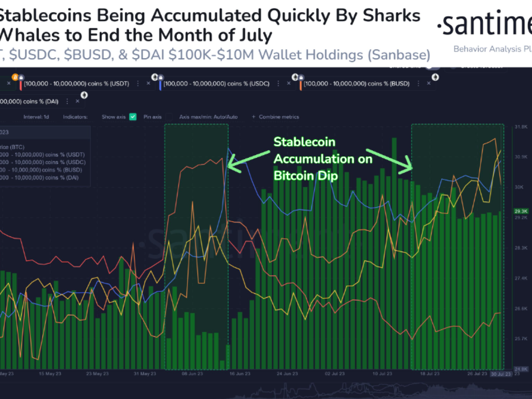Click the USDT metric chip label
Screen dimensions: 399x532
pyautogui.click(x=77, y=83)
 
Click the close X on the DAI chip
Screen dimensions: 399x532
pyautogui.click(x=77, y=101)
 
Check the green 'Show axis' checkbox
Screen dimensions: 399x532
pyautogui.click(x=133, y=117)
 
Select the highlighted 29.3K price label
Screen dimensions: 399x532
pyautogui.click(x=519, y=211)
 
